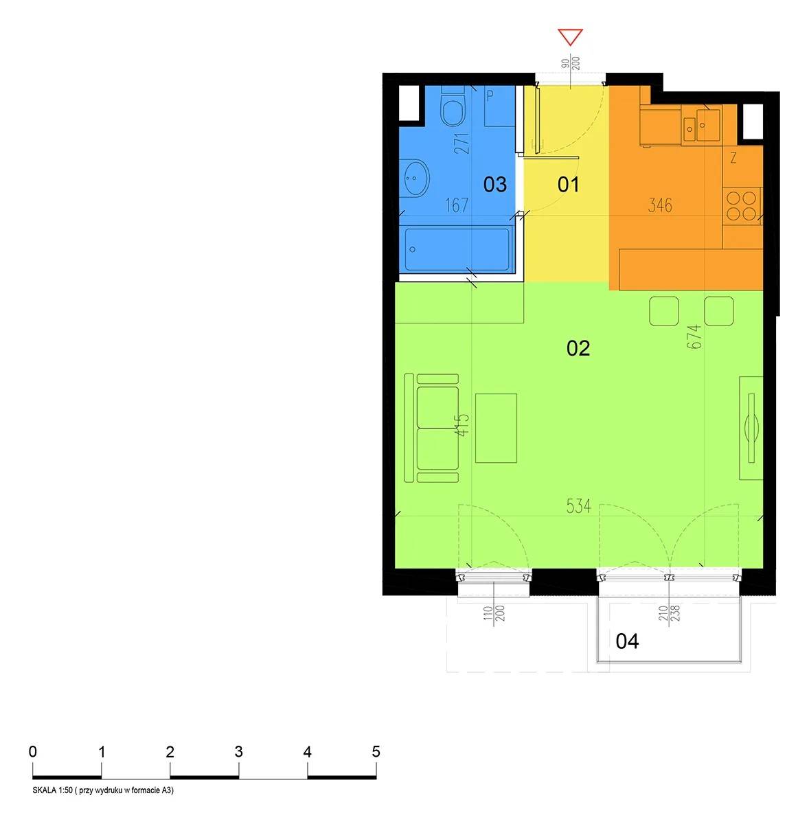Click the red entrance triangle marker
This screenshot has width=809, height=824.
click(570, 37)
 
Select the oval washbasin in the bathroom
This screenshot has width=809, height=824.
click(415, 178)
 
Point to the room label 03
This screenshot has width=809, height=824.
click(494, 184)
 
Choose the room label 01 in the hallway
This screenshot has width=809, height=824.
click(568, 184)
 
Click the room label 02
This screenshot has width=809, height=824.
click(578, 348)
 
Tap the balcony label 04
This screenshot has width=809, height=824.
click(627, 641)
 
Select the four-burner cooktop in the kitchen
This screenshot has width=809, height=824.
click(742, 206)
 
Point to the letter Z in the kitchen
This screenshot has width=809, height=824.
click(733, 158)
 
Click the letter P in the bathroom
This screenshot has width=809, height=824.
click(490, 95)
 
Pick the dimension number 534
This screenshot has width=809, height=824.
click(578, 506)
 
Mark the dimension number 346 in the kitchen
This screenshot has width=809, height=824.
click(660, 206)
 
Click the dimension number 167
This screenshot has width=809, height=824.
click(457, 206)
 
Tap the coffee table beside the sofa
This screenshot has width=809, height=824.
click(496, 428)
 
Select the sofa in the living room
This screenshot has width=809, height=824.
click(431, 428)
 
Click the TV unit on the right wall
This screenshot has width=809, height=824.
click(751, 428)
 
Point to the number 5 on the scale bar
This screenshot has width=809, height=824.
click(376, 751)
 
